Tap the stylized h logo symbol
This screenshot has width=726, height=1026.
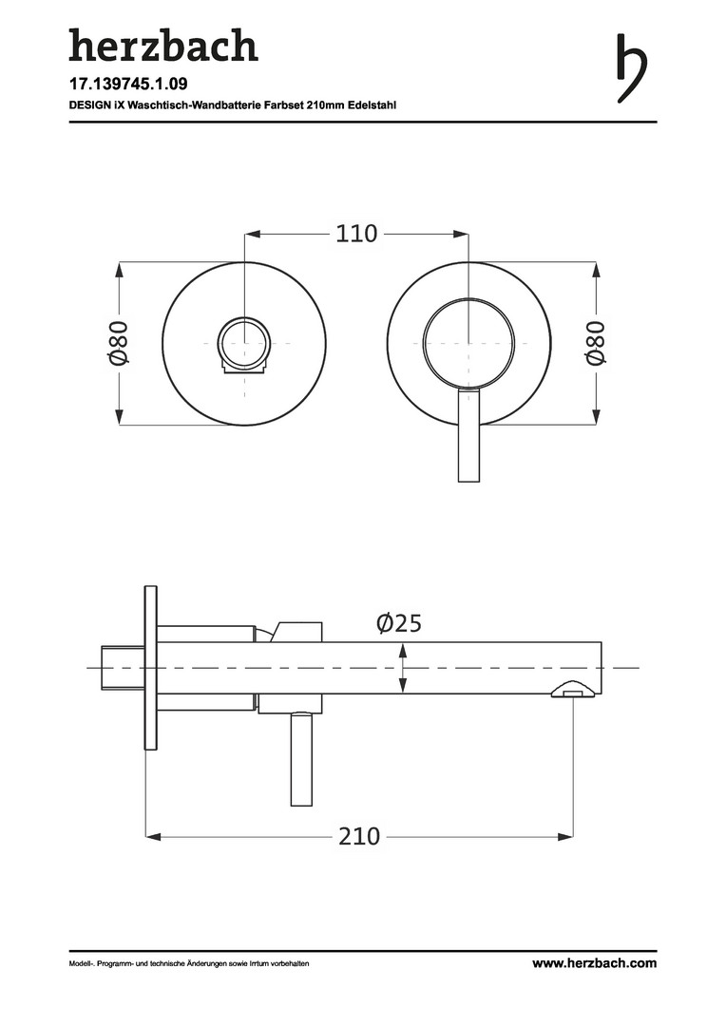point(632,68)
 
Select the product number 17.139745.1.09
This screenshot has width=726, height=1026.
point(128,85)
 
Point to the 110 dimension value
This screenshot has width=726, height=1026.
point(356,234)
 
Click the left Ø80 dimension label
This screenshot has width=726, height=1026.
point(120,342)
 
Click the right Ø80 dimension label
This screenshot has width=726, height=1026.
point(596,342)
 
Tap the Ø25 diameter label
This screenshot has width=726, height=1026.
point(399,623)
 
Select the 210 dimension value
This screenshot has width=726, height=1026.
point(359,836)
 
